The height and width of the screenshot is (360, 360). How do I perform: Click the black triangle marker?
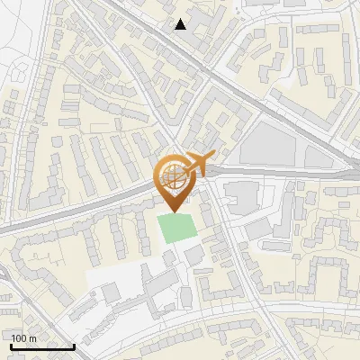tap(181, 24)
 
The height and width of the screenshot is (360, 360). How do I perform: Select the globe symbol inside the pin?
tap(172, 174)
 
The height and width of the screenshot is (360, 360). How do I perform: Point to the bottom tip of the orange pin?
tap(172, 212)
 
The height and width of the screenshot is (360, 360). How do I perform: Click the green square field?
tap(178, 228)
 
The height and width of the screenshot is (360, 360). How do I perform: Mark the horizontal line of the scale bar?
tap(42, 347)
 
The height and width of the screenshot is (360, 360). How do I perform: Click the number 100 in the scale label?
tap(20, 338)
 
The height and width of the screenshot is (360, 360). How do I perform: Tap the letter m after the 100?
tap(32, 338)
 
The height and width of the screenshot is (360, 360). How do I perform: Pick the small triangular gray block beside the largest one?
tap(317, 157)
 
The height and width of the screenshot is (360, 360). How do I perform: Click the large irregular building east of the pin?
tap(241, 194)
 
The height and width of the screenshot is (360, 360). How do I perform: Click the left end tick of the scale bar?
tap(11, 346)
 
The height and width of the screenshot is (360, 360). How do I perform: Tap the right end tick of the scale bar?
tap(74, 346)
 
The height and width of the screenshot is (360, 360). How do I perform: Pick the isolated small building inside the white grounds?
tap(111, 292)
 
